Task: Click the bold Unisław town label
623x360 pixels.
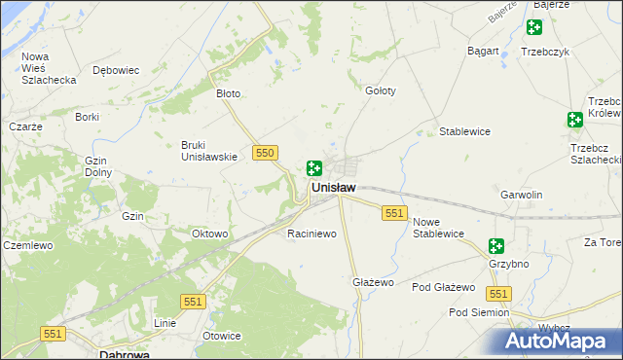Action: (332, 187)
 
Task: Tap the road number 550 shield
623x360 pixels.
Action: (265, 153)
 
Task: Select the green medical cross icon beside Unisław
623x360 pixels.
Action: (314, 168)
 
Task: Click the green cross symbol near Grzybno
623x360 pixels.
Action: (496, 246)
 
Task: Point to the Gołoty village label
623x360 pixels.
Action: (380, 90)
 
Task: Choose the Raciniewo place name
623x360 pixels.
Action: (311, 234)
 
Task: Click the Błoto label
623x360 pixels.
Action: (228, 94)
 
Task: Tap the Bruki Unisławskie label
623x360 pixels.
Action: (209, 151)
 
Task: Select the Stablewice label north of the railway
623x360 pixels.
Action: (464, 131)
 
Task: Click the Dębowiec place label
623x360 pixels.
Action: (116, 70)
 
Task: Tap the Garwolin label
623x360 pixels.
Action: (521, 195)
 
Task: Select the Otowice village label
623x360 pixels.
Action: (221, 336)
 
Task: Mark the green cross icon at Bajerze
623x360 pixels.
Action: (533, 27)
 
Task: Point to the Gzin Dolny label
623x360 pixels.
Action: (97, 166)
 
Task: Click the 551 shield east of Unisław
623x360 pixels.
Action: (394, 213)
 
